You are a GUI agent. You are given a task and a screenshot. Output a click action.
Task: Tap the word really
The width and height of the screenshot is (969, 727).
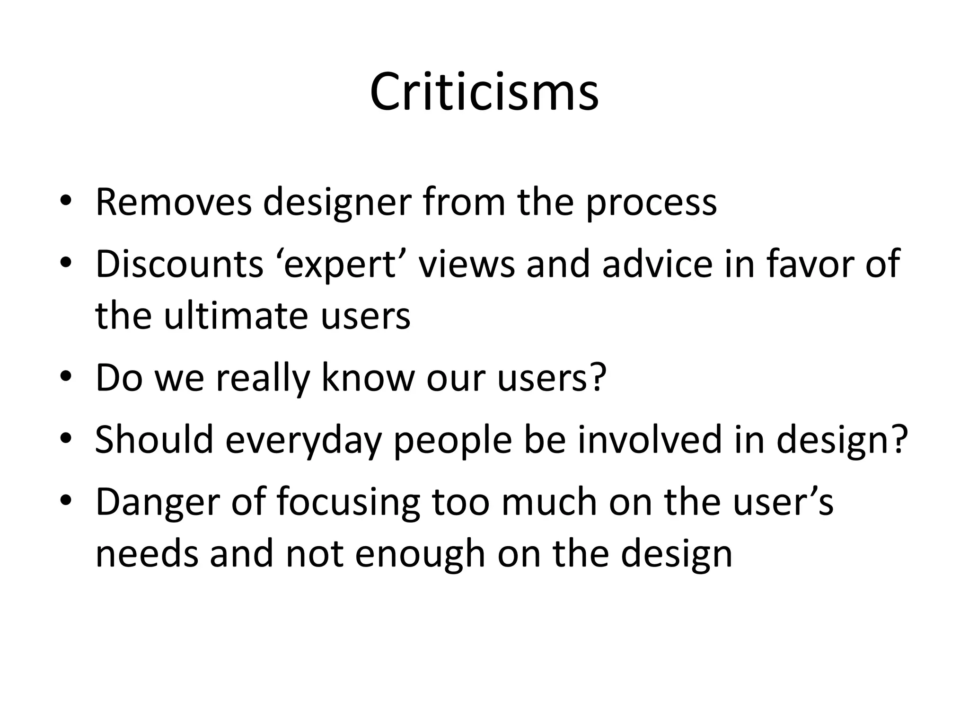263,379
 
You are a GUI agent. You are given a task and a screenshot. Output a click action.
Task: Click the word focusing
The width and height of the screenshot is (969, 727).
348,503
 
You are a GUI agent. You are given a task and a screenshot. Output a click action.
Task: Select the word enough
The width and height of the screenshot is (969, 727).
420,555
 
